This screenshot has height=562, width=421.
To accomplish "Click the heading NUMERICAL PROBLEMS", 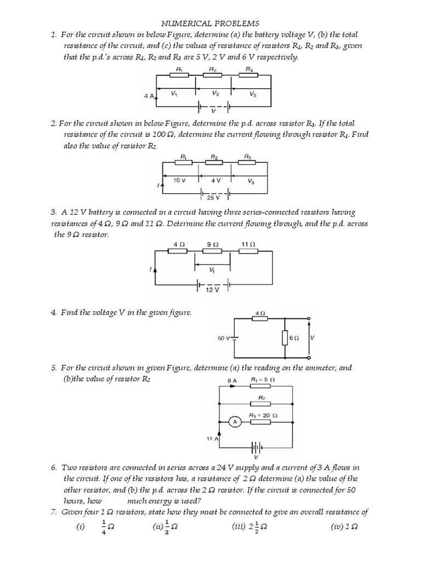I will click(209, 24).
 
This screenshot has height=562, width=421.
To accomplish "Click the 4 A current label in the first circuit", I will click(149, 95).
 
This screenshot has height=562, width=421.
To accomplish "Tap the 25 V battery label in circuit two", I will click(213, 197).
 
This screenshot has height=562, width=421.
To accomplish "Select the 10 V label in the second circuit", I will click(180, 180).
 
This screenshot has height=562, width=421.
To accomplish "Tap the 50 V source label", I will click(224, 339).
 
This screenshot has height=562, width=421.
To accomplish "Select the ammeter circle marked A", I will click(235, 422).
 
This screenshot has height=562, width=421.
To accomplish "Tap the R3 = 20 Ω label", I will click(264, 415).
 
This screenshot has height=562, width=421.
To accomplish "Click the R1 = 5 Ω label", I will click(263, 380).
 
